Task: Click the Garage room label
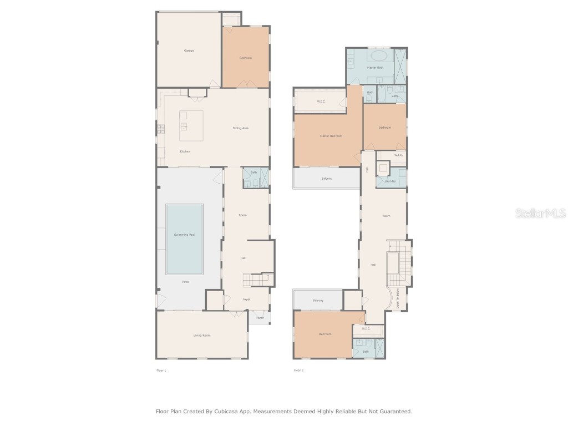pos(189,50)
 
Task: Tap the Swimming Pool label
pos(185,235)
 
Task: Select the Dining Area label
pos(240,128)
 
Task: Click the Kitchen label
pos(185,151)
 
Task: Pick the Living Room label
pos(202,335)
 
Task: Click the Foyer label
pos(246,300)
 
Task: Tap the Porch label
pos(260,318)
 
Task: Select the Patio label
pos(185,282)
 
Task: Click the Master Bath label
pos(375,68)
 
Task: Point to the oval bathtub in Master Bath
pos(379,55)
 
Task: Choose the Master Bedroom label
pos(331,136)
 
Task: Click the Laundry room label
pos(389,181)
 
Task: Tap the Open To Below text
pos(397,300)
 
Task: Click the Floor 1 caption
pos(161,370)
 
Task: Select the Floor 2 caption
pos(298,370)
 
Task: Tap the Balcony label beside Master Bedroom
pos(327,179)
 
